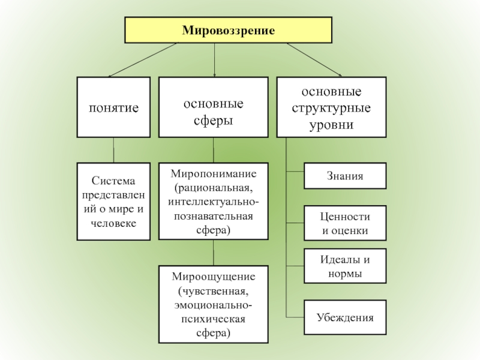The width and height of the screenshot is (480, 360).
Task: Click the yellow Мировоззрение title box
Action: tap(228, 30)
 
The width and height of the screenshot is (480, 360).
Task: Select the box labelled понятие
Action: tap(113, 107)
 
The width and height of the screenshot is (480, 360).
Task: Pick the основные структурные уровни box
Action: tap(331, 108)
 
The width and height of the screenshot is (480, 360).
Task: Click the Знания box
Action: tap(345, 176)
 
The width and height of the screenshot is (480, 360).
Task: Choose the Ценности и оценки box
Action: tap(345, 223)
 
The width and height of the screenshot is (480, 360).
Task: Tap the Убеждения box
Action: tap(345, 317)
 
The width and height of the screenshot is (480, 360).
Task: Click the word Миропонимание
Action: tap(214, 174)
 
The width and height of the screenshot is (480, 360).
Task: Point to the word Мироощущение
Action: tap(214, 277)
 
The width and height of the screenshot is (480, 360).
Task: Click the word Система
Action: tap(114, 181)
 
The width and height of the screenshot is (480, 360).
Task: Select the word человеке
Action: tap(114, 223)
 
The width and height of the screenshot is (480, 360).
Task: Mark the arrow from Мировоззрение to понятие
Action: tap(144, 59)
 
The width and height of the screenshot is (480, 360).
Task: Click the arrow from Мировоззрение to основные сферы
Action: tap(215, 60)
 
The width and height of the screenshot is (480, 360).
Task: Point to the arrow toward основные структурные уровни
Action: tap(312, 60)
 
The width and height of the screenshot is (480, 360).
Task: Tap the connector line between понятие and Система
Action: tap(113, 150)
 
